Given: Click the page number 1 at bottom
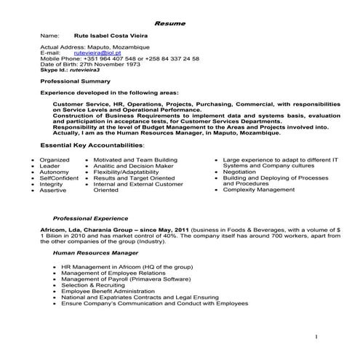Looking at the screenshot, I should pyautogui.click(x=317, y=337).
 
